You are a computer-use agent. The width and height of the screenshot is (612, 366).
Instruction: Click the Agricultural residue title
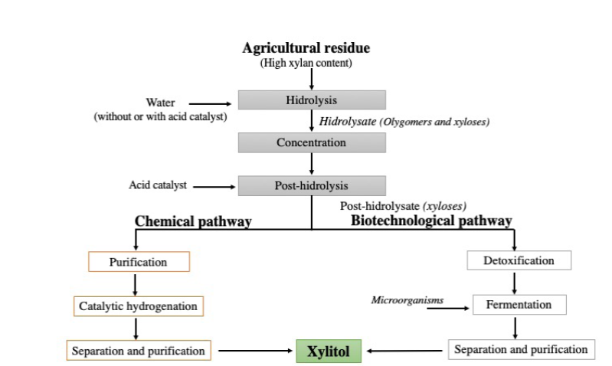pos(306,48)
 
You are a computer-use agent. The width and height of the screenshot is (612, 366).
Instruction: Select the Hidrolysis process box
pos(311,100)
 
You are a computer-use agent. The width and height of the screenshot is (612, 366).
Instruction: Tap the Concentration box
pos(311,142)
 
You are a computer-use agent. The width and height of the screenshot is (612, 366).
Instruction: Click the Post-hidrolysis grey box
pos(311,185)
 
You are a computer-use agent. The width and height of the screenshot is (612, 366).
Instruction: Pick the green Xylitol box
pos(329,351)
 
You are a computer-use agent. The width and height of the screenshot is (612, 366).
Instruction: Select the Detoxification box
pos(519,261)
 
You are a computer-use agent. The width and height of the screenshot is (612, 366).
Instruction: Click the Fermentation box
pos(519,305)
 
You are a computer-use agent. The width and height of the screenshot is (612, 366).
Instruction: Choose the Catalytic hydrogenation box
pos(138,306)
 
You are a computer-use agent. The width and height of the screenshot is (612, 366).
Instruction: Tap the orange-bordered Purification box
pos(138,262)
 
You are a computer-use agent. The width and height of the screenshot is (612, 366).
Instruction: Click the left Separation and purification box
pos(138,351)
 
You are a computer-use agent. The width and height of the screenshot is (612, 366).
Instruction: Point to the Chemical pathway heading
pos(193,221)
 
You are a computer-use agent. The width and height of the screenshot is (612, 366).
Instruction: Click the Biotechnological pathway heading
pos(431,221)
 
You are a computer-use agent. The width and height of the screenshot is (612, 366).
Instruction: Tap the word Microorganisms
pos(407,300)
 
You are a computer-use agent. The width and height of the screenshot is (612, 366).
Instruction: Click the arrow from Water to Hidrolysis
pos(209,103)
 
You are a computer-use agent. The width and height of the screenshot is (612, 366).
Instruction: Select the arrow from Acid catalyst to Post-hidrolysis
pos(213,185)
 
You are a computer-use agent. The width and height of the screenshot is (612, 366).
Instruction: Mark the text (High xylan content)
pos(306,64)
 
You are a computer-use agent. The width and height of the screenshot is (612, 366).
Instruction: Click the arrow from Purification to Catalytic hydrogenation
pos(136,284)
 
